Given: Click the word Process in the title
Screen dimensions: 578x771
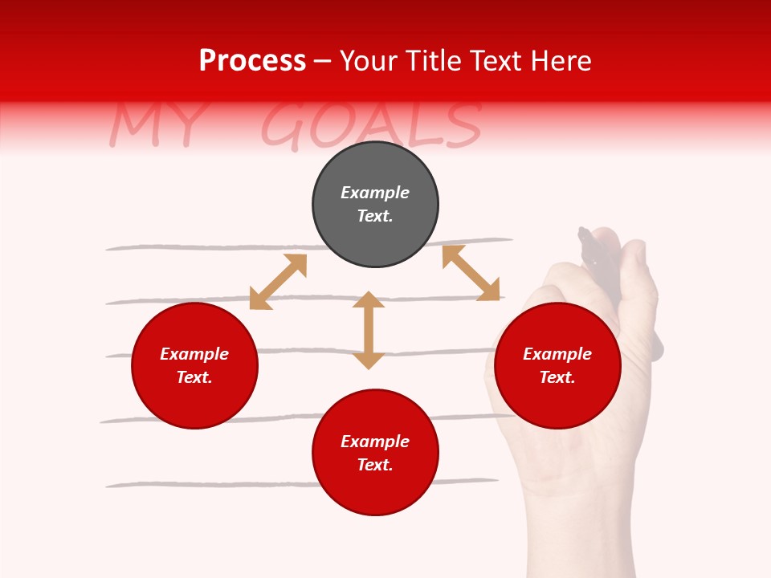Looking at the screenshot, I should (x=252, y=61).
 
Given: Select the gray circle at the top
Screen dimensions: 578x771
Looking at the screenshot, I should (x=375, y=205).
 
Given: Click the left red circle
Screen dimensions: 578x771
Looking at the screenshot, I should (x=194, y=365).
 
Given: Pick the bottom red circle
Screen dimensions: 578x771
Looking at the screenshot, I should (x=375, y=452).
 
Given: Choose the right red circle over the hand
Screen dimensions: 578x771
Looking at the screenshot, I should (x=557, y=365).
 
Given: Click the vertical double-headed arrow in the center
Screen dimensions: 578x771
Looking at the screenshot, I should (x=369, y=330).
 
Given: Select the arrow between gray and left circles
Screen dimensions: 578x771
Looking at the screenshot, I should (x=278, y=282).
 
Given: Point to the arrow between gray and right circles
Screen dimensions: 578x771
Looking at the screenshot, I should (x=471, y=273).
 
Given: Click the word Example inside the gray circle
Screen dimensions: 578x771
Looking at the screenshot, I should (x=375, y=193).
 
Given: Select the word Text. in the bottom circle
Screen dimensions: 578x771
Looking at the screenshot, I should (x=375, y=465).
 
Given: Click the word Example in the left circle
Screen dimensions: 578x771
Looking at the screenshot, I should (x=194, y=354).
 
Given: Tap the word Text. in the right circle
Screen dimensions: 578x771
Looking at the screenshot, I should (x=557, y=377).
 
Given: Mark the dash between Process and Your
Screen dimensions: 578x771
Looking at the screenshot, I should (x=323, y=62).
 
